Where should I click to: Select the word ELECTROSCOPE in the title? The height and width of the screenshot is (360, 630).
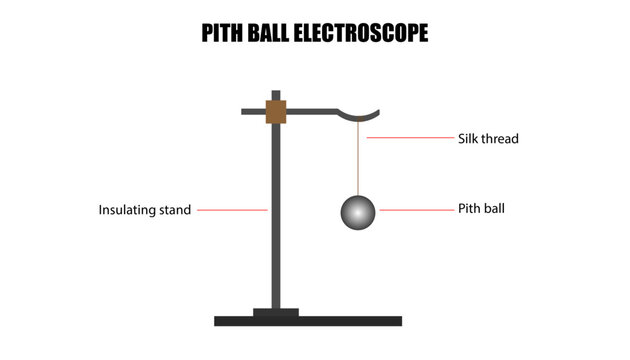tap(367, 34)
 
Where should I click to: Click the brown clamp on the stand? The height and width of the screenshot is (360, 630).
tap(276, 111)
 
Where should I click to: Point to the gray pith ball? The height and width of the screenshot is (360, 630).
tap(357, 212)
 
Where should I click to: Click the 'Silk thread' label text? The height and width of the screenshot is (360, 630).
tap(488, 139)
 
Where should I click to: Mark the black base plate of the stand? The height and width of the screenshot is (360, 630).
tap(308, 321)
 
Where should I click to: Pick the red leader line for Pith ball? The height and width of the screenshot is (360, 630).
tap(411, 210)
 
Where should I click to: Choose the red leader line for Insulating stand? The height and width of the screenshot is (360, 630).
tap(231, 210)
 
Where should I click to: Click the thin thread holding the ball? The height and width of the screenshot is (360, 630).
tap(357, 160)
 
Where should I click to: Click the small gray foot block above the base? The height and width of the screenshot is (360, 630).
tap(276, 312)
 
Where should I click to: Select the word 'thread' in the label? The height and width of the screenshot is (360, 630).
tap(501, 139)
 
